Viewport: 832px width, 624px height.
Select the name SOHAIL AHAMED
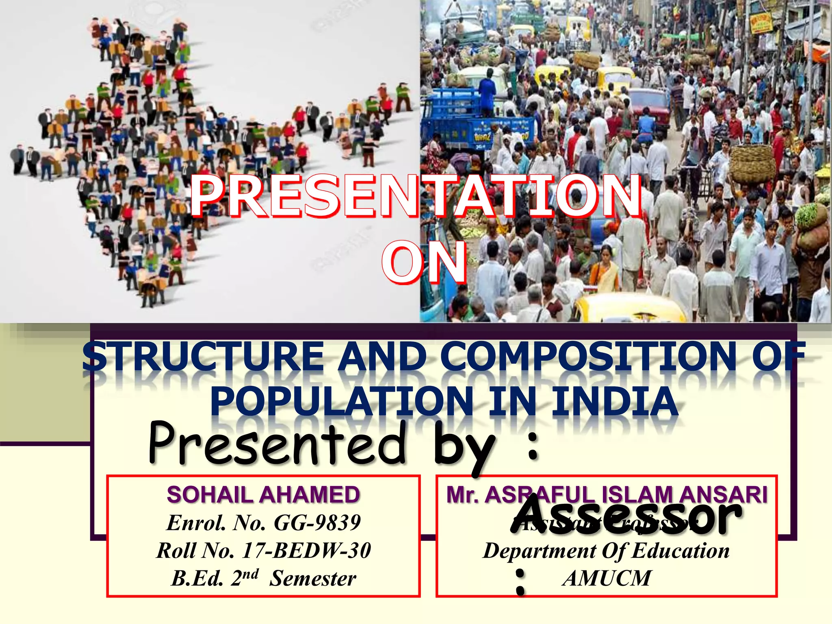pyautogui.click(x=263, y=495)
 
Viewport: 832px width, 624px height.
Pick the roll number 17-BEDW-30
pyautogui.click(x=307, y=551)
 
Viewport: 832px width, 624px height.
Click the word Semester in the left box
pyautogui.click(x=313, y=578)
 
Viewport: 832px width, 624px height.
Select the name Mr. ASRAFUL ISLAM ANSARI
pyautogui.click(x=607, y=495)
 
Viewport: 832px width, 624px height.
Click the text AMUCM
pyautogui.click(x=607, y=578)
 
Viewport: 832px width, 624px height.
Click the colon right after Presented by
pyautogui.click(x=533, y=446)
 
